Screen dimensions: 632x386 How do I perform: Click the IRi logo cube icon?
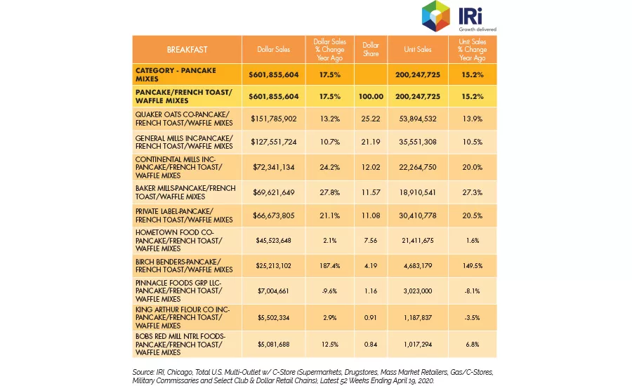click(435, 16)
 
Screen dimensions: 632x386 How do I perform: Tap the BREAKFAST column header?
click(187, 50)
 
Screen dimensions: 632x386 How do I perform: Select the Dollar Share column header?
click(370, 49)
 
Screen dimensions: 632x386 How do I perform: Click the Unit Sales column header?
click(418, 49)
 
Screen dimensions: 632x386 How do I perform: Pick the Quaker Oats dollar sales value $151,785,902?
click(274, 119)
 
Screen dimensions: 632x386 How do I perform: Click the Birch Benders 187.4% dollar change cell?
click(330, 266)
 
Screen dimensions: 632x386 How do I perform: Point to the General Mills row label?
click(184, 142)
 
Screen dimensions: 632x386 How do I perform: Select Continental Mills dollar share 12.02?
click(370, 167)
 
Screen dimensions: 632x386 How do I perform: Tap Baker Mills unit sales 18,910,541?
click(418, 192)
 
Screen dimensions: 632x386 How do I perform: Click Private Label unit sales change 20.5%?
click(473, 215)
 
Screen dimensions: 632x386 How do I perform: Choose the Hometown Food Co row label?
click(179, 241)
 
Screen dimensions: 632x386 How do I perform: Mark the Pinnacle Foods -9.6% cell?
click(330, 291)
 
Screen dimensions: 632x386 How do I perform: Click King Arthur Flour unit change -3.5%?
click(473, 317)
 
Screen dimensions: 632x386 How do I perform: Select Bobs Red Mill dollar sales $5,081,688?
click(274, 345)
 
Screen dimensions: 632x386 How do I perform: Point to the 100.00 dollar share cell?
click(371, 97)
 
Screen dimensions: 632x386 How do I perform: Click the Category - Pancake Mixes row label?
click(176, 74)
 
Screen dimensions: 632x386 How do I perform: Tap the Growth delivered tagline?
click(478, 29)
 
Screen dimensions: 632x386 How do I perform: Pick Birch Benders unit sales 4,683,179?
click(418, 266)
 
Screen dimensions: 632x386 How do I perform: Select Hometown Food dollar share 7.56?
click(370, 241)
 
